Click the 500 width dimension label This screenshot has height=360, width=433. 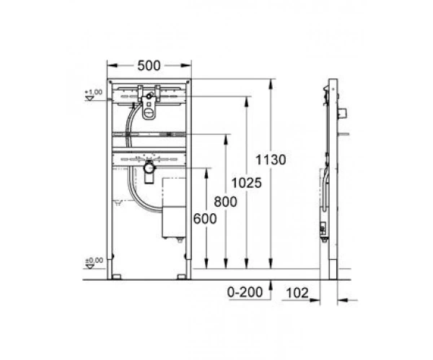click(x=149, y=66)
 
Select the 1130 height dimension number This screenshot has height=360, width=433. click(x=271, y=160)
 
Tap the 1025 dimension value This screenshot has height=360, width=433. click(x=246, y=183)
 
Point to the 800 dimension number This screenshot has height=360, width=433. click(x=225, y=202)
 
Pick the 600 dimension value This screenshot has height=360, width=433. click(x=205, y=220)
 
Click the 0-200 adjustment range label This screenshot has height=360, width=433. click(x=245, y=292)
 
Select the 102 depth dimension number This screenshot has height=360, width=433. click(x=297, y=293)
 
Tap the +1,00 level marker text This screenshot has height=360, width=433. click(x=94, y=92)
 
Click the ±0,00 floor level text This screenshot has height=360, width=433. click(x=94, y=261)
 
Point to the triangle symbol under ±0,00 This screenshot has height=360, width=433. click(x=90, y=266)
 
